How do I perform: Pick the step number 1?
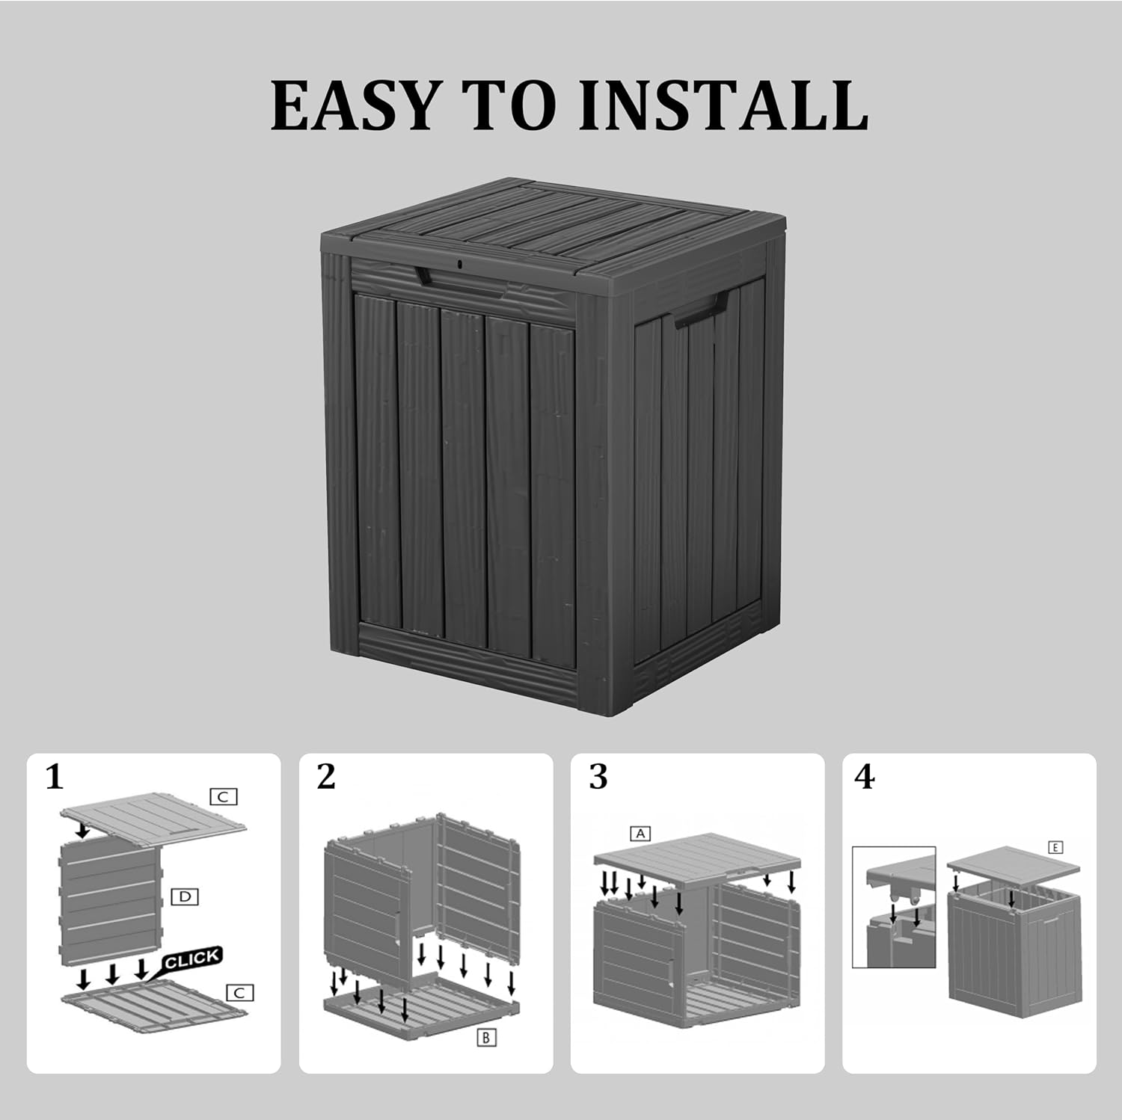(55, 778)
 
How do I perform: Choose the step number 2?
(326, 778)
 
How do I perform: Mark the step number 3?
(598, 778)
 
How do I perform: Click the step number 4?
(864, 778)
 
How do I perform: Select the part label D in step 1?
(185, 896)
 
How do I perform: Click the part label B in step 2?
(485, 1038)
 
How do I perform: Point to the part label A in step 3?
(640, 833)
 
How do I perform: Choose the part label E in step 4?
(1055, 848)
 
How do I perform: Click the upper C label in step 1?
(223, 797)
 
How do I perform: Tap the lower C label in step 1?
(239, 993)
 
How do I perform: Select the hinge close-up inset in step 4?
(894, 907)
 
